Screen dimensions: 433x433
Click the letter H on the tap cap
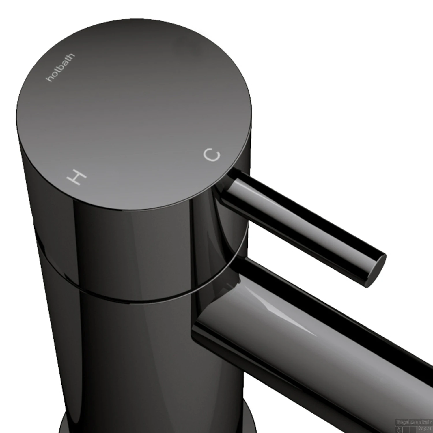coord(76,177)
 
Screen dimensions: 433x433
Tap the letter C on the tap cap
coord(212,155)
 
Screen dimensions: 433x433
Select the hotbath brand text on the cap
coord(61,67)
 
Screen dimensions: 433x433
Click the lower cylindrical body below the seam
coord(130,361)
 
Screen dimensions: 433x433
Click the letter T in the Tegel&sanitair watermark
coord(398,422)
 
